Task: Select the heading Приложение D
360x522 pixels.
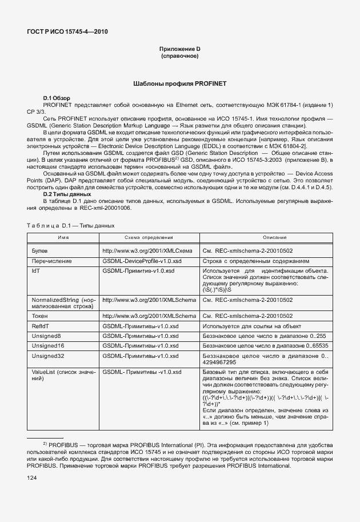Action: (179, 49)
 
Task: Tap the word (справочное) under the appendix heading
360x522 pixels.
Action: (179, 56)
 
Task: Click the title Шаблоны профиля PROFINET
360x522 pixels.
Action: (179, 83)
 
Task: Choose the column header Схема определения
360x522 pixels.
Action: (149, 237)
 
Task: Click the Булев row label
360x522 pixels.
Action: (40, 250)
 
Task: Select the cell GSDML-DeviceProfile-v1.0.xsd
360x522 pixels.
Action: (138, 260)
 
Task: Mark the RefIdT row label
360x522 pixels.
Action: (41, 325)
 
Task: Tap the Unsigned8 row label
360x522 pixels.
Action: (46, 336)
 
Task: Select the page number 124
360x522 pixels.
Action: (33, 477)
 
